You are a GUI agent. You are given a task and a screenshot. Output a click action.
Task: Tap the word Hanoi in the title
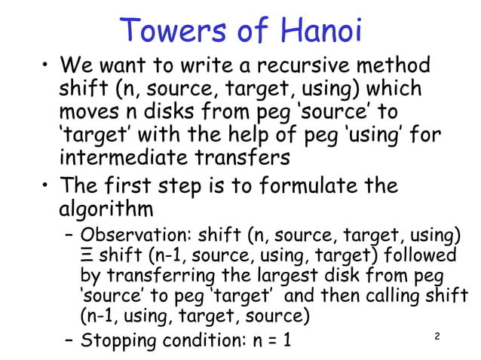pos(321,31)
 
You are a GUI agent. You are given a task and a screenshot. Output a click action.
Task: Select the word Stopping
pos(118,341)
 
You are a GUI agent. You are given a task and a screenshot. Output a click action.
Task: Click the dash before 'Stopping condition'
pos(67,342)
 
